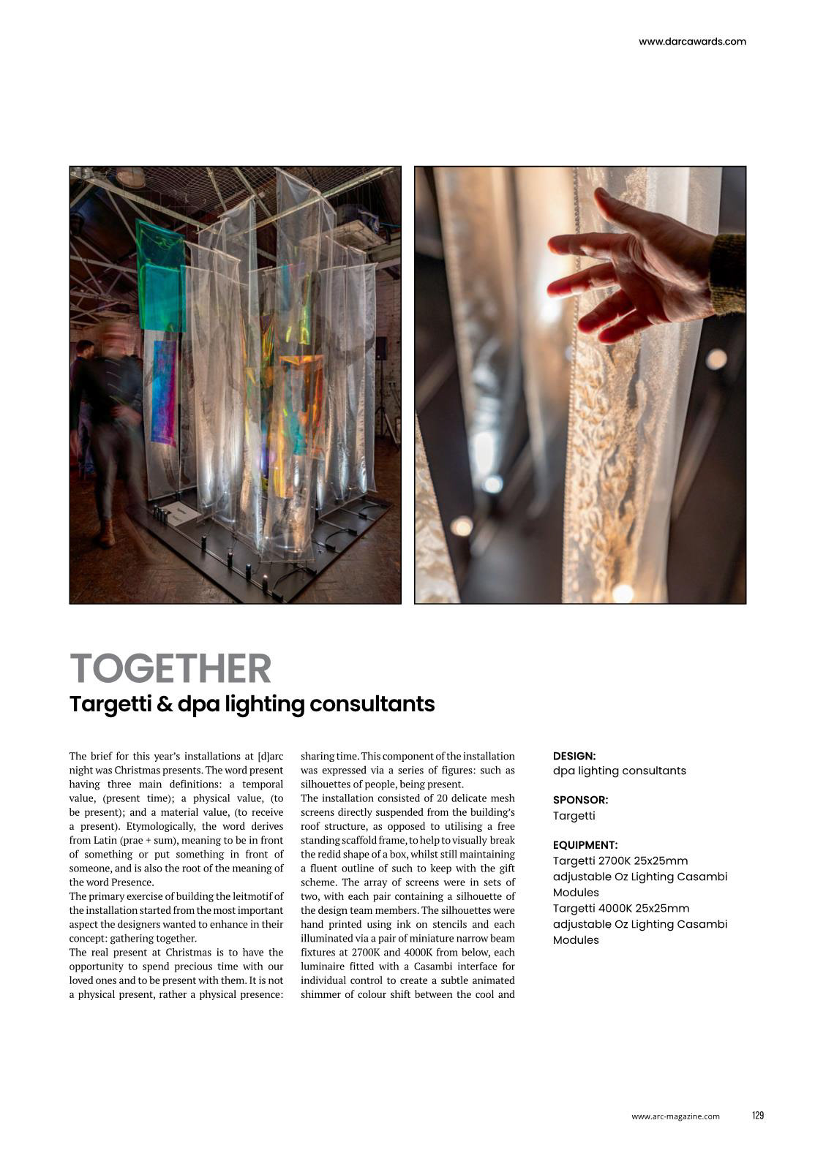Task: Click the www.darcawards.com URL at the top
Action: tap(692, 42)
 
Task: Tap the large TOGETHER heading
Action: tap(170, 668)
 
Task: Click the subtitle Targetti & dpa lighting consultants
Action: tap(252, 704)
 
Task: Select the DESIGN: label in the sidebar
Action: tap(574, 756)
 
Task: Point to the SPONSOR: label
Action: tap(580, 800)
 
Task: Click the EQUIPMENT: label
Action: tap(585, 844)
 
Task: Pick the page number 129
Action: tap(757, 1115)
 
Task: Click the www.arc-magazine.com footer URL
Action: tap(675, 1116)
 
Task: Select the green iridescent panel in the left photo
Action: tap(159, 278)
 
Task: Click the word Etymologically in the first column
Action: tap(158, 826)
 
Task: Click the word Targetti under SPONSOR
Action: tap(574, 816)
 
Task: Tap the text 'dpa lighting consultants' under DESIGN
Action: tap(619, 771)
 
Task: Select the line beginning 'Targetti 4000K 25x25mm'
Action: tap(620, 908)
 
